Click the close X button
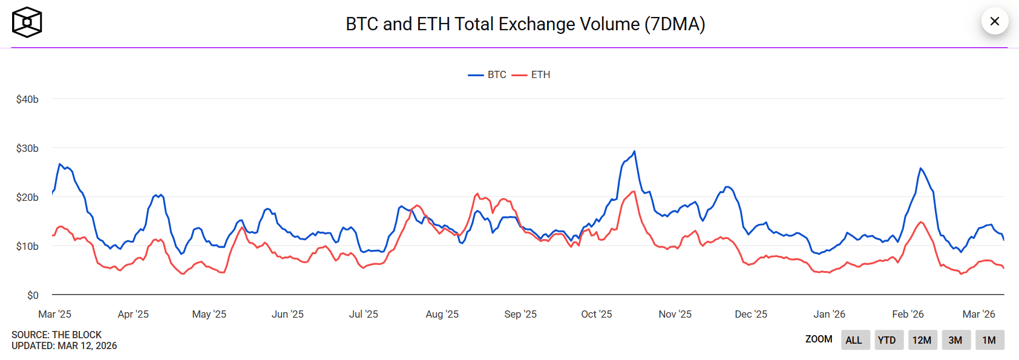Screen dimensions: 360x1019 pyautogui.click(x=994, y=22)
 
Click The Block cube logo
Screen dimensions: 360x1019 pyautogui.click(x=27, y=22)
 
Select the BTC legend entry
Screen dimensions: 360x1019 pyautogui.click(x=488, y=74)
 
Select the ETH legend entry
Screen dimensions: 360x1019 pyautogui.click(x=532, y=74)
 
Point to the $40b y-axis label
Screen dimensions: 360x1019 pyautogui.click(x=27, y=99)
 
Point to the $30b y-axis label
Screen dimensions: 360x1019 pyautogui.click(x=27, y=148)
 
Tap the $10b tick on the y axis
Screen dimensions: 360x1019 pyautogui.click(x=27, y=246)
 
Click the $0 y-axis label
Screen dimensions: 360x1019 pyautogui.click(x=33, y=295)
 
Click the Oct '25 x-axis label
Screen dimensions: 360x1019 pyautogui.click(x=596, y=314)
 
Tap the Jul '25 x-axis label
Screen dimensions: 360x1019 pyautogui.click(x=363, y=314)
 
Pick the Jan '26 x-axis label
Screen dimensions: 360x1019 pyautogui.click(x=829, y=314)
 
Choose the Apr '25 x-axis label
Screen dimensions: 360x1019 pyautogui.click(x=133, y=314)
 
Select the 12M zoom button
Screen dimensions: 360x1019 pyautogui.click(x=922, y=340)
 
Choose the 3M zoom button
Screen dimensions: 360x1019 pyautogui.click(x=955, y=340)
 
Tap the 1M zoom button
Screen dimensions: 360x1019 pyautogui.click(x=989, y=340)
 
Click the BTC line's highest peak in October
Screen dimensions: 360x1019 pyautogui.click(x=634, y=151)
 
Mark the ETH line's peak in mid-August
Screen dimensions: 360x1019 pyautogui.click(x=477, y=194)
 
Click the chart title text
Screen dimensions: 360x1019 pyautogui.click(x=525, y=24)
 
